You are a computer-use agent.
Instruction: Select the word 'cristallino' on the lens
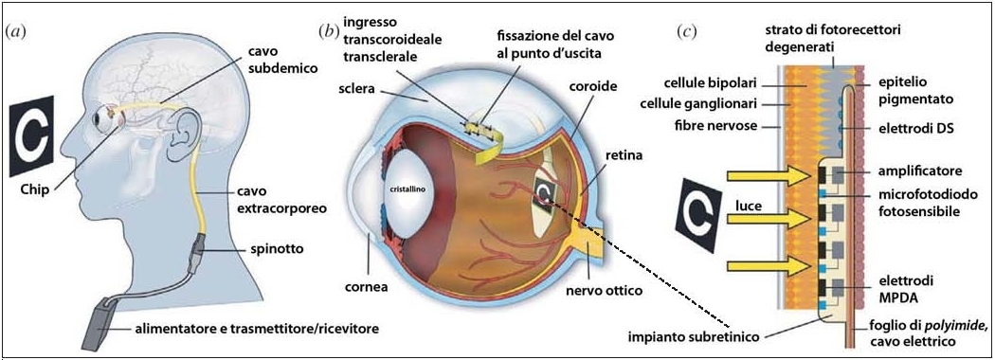(x=402, y=189)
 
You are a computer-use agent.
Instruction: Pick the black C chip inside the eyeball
(x=545, y=195)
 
